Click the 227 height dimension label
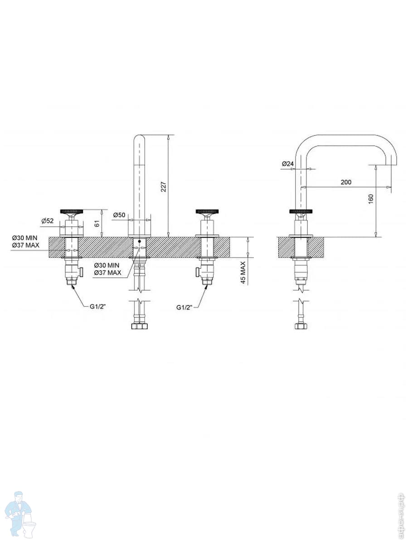[164, 187]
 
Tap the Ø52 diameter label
[48, 220]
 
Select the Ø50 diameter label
[119, 215]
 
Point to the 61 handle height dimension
[97, 224]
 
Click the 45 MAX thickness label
[243, 272]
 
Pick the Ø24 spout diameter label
[287, 163]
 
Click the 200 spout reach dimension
[346, 182]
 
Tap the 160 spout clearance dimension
[371, 199]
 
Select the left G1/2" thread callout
[97, 307]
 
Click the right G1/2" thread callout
[185, 307]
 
